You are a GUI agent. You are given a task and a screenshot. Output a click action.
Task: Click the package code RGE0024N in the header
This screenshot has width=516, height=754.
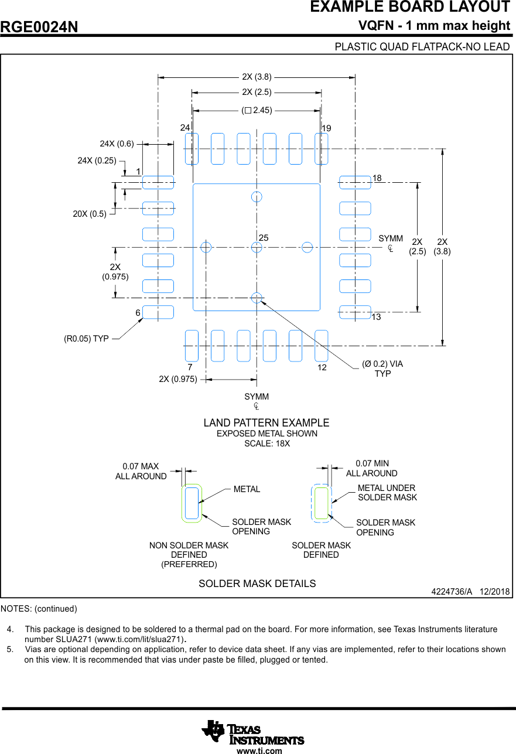pos(39,27)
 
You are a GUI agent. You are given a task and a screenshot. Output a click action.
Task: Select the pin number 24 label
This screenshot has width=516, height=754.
pos(185,127)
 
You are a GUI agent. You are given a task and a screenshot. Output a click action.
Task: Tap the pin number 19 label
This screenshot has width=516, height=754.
pos(326,128)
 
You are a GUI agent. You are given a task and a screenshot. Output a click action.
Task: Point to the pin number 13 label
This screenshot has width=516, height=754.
pos(376,317)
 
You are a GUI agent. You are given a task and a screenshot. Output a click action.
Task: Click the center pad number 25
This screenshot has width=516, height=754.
pos(264,238)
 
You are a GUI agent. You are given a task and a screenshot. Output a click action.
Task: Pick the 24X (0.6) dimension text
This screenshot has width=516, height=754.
pos(117,144)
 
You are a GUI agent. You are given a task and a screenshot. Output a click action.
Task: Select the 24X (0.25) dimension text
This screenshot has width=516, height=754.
pos(97,161)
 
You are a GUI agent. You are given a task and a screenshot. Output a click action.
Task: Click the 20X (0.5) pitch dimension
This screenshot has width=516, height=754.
pos(90,214)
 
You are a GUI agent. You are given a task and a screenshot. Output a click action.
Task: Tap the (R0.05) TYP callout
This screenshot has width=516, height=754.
pos(86,339)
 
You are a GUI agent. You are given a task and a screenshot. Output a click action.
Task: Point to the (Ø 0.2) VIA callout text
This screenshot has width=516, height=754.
pos(382,364)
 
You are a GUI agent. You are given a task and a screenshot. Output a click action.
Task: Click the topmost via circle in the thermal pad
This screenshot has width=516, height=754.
pos(257,196)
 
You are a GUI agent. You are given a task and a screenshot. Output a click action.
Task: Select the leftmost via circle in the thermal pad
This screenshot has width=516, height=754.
pos(206,247)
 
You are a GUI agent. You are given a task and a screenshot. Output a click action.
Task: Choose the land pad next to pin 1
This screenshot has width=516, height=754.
pos(158,182)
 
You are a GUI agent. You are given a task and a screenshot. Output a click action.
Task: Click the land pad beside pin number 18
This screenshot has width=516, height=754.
pos(355,182)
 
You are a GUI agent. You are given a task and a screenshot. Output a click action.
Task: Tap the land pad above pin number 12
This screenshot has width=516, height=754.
pos(321,346)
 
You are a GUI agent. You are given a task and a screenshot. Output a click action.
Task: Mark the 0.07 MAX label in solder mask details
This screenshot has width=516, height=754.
pos(141,466)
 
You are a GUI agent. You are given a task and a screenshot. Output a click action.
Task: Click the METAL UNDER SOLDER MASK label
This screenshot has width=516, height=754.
pos(387,493)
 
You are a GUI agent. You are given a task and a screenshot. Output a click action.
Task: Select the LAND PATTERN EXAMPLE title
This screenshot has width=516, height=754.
pos(266,423)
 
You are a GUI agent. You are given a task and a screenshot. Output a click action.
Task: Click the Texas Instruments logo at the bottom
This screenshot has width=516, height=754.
pos(253,732)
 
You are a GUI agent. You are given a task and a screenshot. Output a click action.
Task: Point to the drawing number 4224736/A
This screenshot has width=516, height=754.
pos(452,592)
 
